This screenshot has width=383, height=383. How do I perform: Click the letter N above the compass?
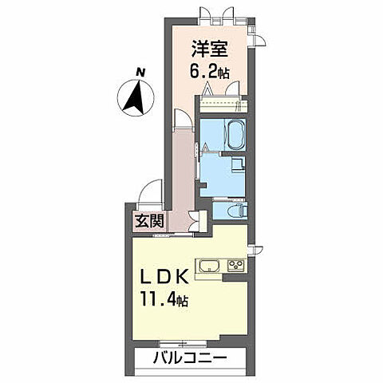pos(140,73)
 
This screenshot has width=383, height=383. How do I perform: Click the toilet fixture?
pos(239,211)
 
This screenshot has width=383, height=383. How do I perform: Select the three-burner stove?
pos(237,266)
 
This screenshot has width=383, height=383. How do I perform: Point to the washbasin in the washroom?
pos(237,164)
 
